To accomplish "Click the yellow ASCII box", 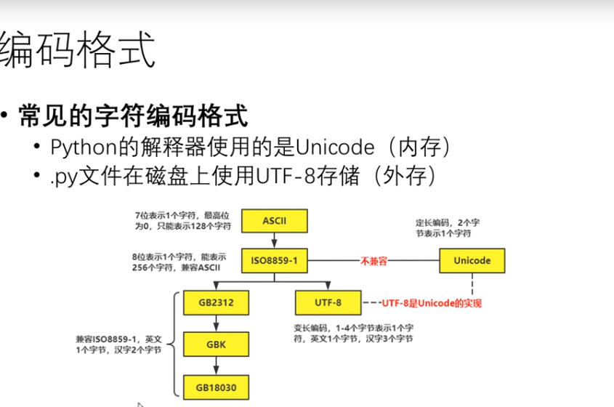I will coord(275,220).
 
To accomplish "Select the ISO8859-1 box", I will coord(275,260).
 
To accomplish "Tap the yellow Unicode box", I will coord(472,260).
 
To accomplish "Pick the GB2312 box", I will coord(217,302).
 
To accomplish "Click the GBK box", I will coord(217,344).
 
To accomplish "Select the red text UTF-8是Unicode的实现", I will coord(432,302).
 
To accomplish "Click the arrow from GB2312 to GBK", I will coord(217,323).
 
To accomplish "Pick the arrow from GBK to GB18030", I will coord(217,365).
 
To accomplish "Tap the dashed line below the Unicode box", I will coord(472,286).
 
